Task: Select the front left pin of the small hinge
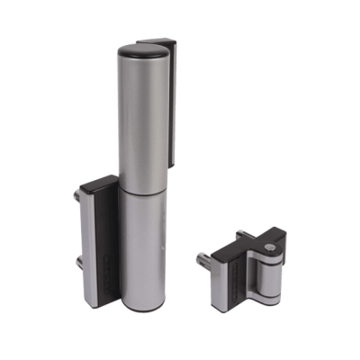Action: point(204,261)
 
